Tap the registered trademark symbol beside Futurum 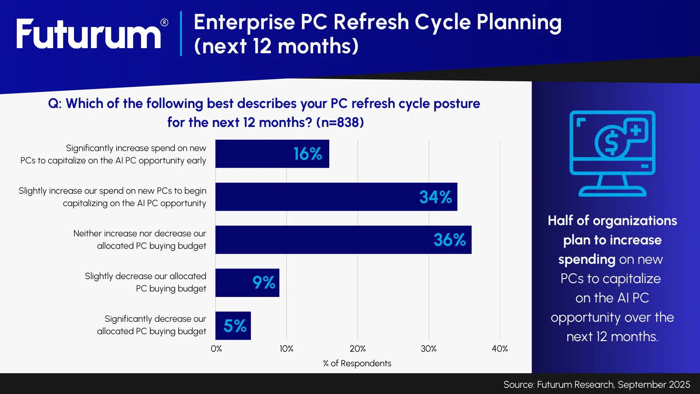[164, 23]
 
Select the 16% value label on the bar [308, 154]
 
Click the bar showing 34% [336, 197]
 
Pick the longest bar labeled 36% [343, 240]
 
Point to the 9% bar [247, 283]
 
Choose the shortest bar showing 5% [233, 326]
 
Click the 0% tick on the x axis [216, 349]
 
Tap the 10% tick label [287, 349]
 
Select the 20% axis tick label [358, 349]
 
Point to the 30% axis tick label [429, 349]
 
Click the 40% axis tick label [500, 349]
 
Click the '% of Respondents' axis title [357, 363]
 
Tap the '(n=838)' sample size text [340, 123]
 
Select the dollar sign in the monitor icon [611, 143]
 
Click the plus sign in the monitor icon [636, 130]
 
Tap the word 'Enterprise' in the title [244, 22]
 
